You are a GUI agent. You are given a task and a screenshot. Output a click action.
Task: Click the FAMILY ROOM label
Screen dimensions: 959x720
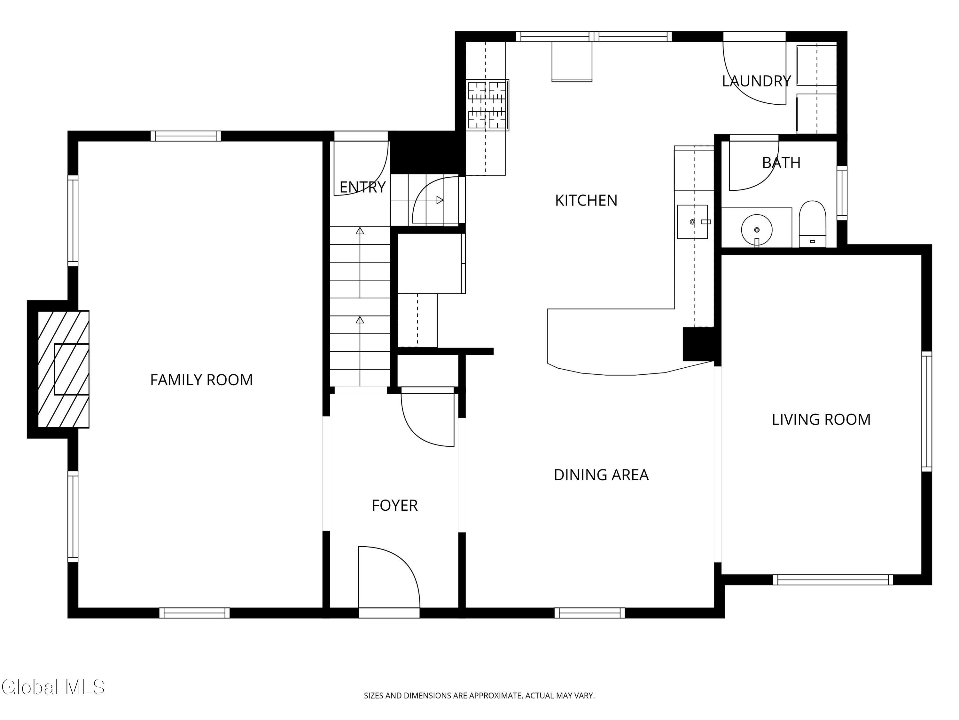(201, 380)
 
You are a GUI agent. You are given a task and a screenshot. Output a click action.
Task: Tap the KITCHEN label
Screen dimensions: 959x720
(586, 200)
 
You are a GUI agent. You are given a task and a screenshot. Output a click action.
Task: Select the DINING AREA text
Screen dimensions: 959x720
(601, 475)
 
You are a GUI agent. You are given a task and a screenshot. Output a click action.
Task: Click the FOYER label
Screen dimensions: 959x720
(394, 505)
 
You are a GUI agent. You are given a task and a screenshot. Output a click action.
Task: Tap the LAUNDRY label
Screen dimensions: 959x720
(757, 81)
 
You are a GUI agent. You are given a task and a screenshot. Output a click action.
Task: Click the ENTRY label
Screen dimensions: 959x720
(363, 187)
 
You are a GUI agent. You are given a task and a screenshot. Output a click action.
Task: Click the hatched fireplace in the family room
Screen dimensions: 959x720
(63, 369)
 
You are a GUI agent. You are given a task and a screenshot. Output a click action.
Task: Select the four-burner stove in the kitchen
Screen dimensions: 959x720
(487, 105)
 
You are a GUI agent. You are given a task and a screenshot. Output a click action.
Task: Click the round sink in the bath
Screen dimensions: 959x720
(757, 229)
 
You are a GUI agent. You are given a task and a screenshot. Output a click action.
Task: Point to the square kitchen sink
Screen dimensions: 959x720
(692, 222)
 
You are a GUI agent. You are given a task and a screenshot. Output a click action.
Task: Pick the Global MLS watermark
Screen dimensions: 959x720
(53, 687)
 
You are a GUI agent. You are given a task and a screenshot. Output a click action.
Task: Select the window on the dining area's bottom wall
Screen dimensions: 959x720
(589, 613)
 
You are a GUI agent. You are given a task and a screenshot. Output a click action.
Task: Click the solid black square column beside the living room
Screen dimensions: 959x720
(698, 344)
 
